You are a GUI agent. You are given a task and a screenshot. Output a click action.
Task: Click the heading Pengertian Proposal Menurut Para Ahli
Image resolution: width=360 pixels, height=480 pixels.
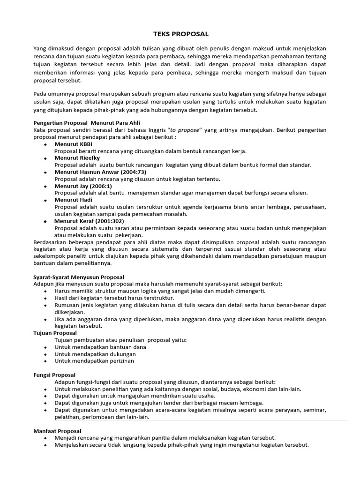pyautogui.click(x=83, y=122)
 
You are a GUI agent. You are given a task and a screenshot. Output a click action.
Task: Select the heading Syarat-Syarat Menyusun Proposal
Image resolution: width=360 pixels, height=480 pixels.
pyautogui.click(x=79, y=277)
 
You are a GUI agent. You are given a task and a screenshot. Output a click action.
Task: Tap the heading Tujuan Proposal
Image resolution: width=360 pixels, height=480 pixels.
pyautogui.click(x=55, y=333)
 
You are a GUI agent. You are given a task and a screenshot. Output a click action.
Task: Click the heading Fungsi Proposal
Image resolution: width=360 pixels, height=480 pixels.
pyautogui.click(x=54, y=375)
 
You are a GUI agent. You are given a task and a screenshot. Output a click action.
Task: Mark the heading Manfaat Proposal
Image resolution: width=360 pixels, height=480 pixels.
pyautogui.click(x=57, y=431)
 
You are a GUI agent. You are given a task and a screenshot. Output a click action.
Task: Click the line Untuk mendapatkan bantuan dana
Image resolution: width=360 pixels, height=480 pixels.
pyautogui.click(x=100, y=347)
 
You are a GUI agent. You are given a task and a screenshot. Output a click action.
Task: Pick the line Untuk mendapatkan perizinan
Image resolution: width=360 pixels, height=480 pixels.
pyautogui.click(x=94, y=361)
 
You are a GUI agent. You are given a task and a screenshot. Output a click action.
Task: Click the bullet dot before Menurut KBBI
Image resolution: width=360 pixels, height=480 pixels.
pyautogui.click(x=45, y=144)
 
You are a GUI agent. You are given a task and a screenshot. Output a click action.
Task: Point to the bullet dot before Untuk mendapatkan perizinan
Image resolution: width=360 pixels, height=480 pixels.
pyautogui.click(x=45, y=361)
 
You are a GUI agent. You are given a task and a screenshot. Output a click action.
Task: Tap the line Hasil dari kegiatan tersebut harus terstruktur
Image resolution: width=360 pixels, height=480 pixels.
pyautogui.click(x=114, y=298)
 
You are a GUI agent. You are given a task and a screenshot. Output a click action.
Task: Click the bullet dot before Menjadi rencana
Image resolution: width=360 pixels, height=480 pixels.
pyautogui.click(x=45, y=438)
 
